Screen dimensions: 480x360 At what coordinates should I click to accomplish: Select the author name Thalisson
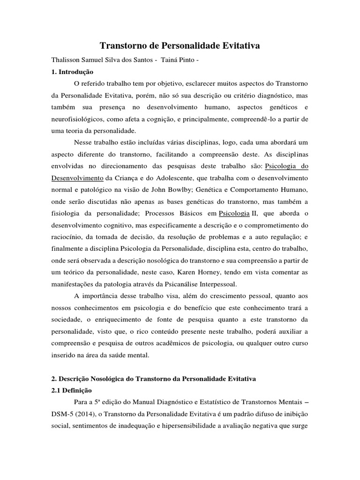66,61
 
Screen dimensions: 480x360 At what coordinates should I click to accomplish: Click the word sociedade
67,319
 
